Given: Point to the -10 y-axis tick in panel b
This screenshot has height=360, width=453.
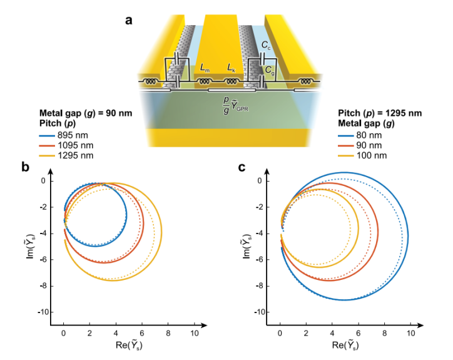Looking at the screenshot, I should pyautogui.click(x=51, y=312).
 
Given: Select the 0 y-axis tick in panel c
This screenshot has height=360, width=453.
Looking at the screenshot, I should pyautogui.click(x=270, y=182).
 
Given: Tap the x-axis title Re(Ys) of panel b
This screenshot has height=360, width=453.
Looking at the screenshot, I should pyautogui.click(x=128, y=345).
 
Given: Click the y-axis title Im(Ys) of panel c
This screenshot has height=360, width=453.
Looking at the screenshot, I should pyautogui.click(x=247, y=245).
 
